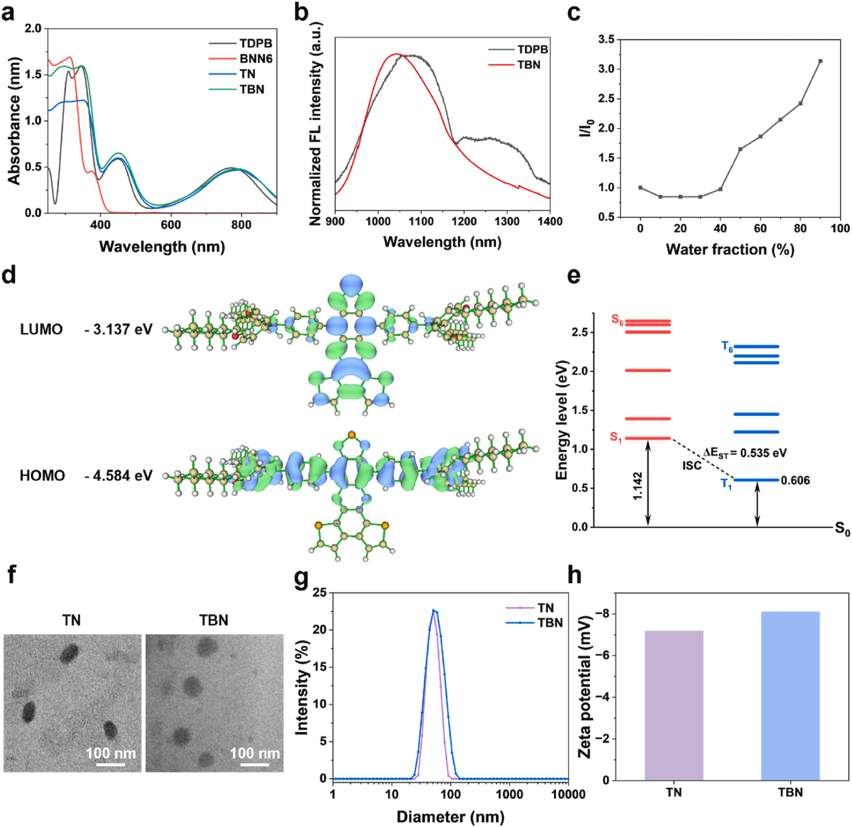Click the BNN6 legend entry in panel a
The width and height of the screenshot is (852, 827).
[255, 59]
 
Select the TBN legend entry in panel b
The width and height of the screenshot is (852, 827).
[529, 65]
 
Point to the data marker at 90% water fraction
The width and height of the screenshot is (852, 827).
[820, 61]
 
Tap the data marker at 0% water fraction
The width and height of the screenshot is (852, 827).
[640, 188]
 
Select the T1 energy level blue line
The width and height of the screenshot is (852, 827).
[756, 480]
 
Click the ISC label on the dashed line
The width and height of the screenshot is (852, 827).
[691, 466]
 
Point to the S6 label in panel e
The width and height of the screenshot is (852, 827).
[617, 319]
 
